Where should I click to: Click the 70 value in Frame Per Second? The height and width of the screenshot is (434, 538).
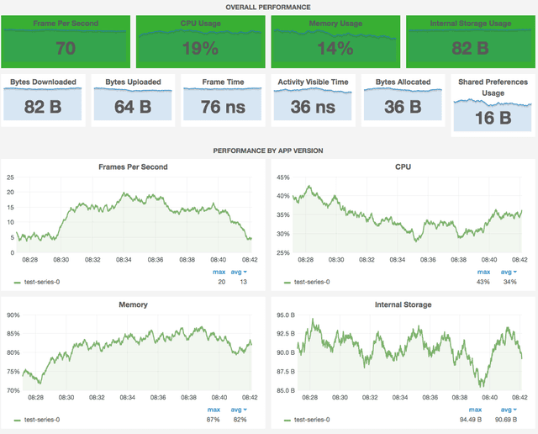(66, 49)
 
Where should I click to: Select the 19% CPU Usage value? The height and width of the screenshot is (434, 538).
(200, 49)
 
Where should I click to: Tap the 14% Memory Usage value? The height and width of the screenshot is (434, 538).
(335, 49)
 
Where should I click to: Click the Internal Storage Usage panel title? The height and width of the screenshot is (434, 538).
(470, 24)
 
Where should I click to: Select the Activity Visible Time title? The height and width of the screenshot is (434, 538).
(313, 82)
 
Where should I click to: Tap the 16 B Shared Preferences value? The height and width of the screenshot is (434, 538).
(493, 118)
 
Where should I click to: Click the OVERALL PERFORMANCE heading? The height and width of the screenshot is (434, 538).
(268, 6)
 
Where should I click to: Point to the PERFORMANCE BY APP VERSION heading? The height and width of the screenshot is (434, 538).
(268, 151)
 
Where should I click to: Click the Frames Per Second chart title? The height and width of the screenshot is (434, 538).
(134, 167)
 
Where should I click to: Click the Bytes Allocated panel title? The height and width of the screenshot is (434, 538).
(403, 82)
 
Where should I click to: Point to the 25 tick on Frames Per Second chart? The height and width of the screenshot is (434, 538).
(11, 177)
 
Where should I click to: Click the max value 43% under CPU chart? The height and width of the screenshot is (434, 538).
(484, 282)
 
